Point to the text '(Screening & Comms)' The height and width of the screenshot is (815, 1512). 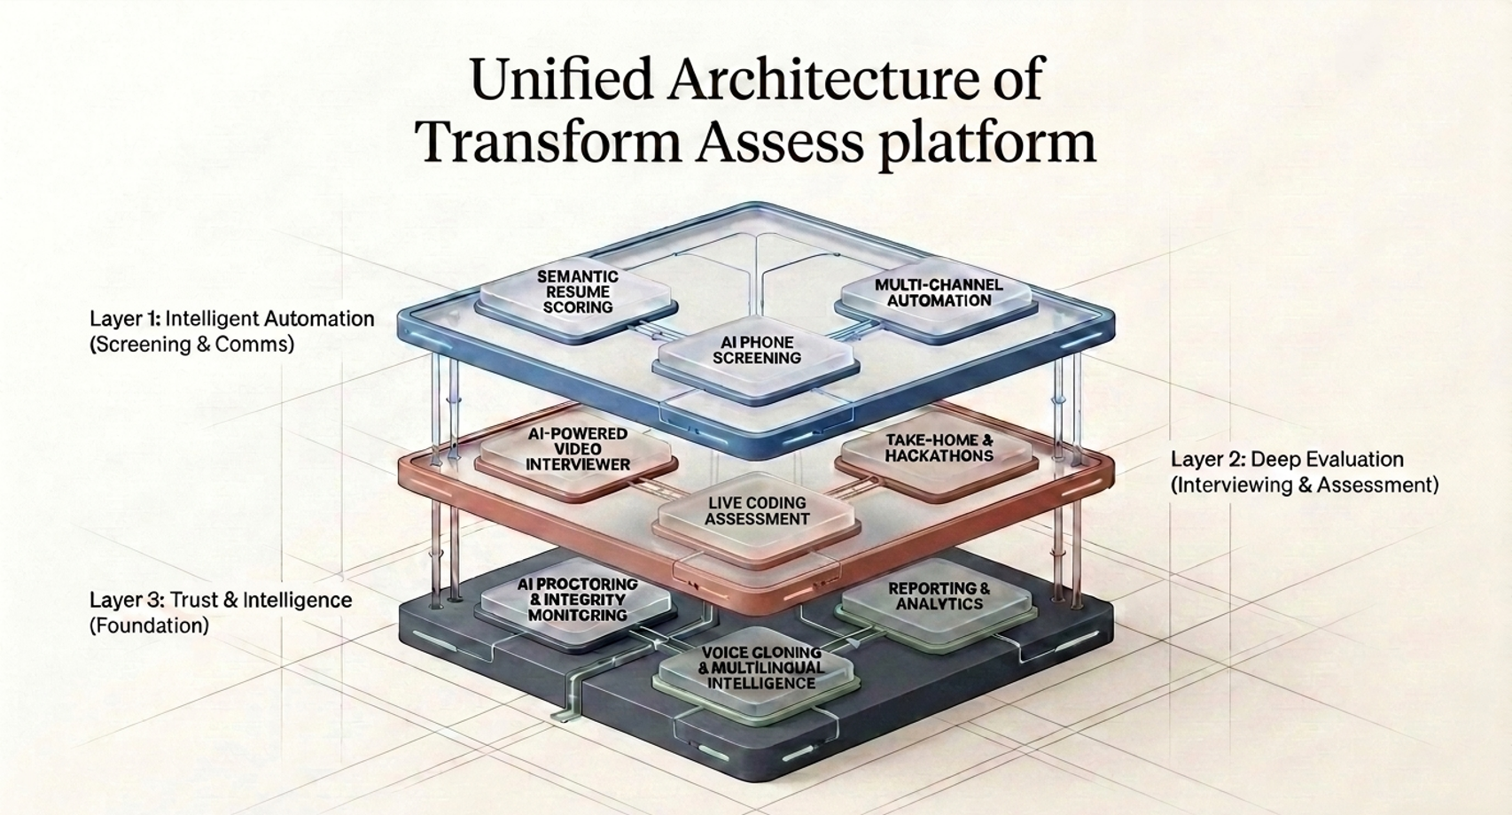191,345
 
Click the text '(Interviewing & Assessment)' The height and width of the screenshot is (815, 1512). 1305,485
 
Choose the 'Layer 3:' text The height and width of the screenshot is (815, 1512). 126,600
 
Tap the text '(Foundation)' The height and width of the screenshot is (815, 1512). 149,625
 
